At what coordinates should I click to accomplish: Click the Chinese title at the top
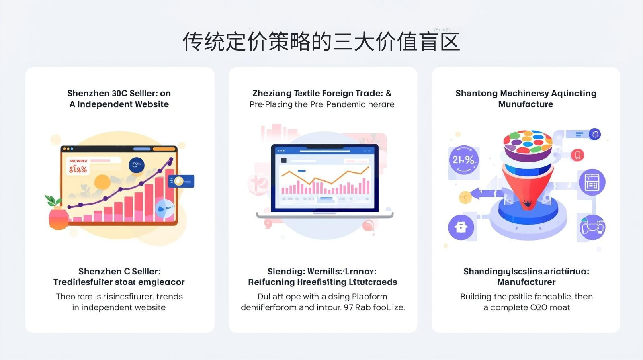(321, 41)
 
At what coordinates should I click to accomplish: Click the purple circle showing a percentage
(464, 160)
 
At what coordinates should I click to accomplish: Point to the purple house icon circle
(461, 227)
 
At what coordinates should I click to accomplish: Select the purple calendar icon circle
(592, 182)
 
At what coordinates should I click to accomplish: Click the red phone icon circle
(577, 155)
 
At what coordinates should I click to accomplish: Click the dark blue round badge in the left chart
(137, 165)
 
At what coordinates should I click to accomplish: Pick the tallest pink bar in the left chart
(170, 193)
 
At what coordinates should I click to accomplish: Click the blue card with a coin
(181, 181)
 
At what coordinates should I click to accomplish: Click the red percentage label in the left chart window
(78, 169)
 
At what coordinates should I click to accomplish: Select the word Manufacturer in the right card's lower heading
(526, 282)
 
